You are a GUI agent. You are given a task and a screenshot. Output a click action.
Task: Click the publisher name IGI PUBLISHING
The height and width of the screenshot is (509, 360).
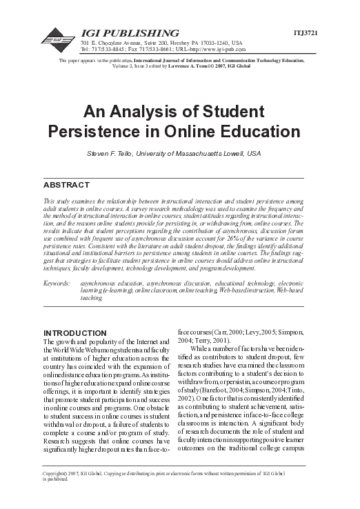click(131, 34)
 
